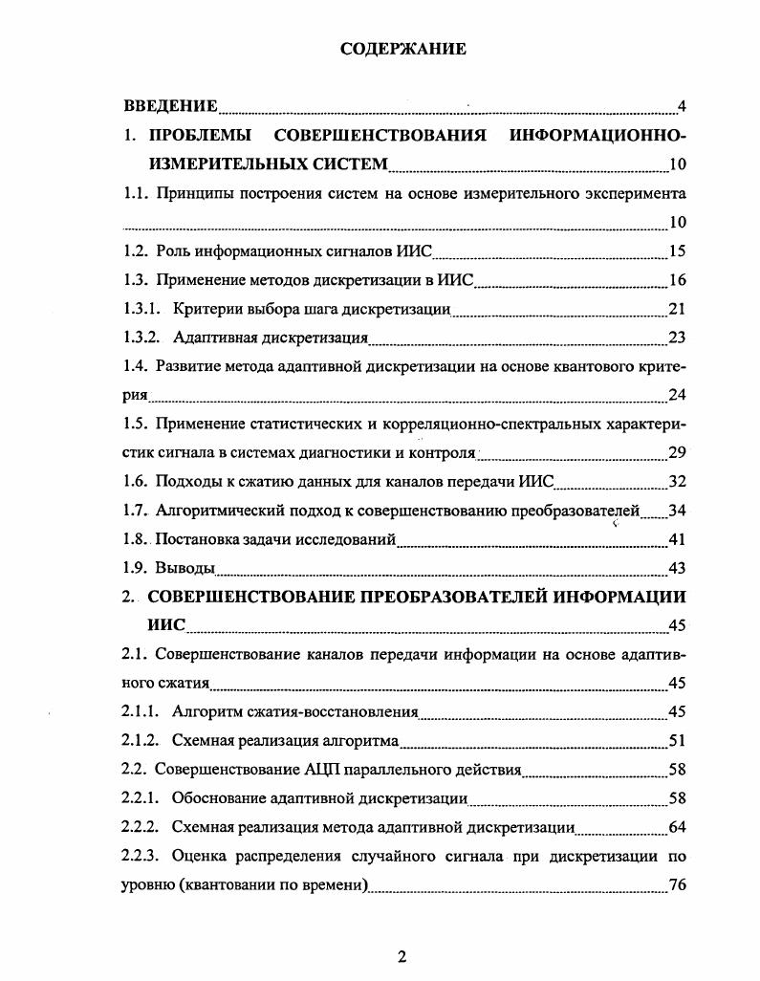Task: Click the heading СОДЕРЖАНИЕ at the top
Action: click(403, 50)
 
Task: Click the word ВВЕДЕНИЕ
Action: click(171, 105)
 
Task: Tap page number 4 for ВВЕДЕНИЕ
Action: click(682, 105)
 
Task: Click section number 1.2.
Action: click(138, 251)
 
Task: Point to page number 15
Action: click(677, 251)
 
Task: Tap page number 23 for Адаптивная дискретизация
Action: click(677, 338)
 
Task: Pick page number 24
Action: click(677, 395)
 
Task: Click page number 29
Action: click(677, 452)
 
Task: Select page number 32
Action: click(677, 483)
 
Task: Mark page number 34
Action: click(677, 512)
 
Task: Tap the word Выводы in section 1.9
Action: click(185, 569)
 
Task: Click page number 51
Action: click(677, 741)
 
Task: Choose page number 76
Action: click(677, 884)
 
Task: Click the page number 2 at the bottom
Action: click(402, 957)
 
